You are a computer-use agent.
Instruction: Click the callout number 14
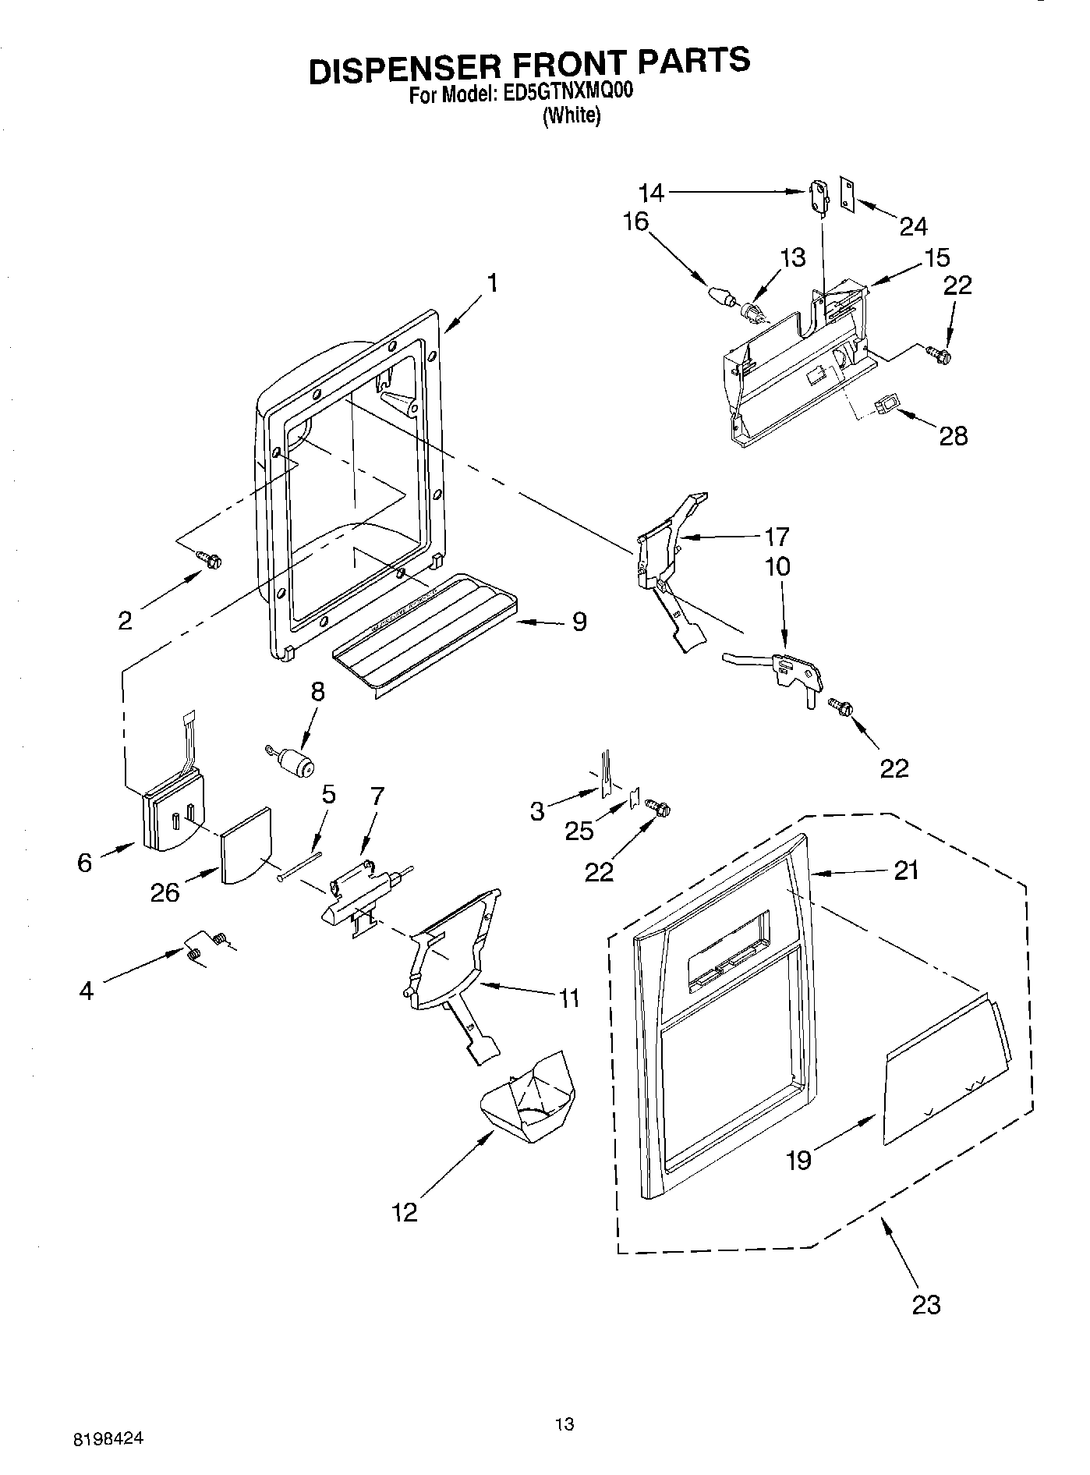click(651, 193)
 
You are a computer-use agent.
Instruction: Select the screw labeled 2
click(209, 559)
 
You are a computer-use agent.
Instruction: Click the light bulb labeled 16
click(721, 297)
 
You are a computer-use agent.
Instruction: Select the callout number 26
click(166, 892)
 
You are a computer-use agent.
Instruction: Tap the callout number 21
click(906, 870)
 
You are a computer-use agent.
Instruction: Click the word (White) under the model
click(572, 116)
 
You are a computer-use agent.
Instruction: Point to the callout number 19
click(799, 1159)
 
